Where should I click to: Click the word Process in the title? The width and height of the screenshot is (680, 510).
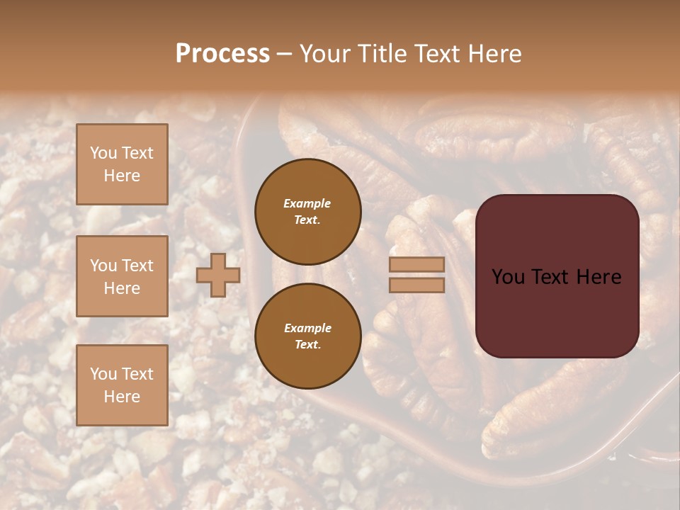[x=222, y=54]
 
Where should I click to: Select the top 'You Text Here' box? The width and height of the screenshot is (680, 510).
[x=122, y=164]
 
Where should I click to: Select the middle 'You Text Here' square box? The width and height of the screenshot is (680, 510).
[x=122, y=276]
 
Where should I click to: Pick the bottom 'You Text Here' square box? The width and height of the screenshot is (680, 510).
[x=122, y=385]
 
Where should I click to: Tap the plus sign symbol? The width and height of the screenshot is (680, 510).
[x=218, y=276]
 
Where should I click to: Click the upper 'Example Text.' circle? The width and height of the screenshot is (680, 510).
[x=307, y=211]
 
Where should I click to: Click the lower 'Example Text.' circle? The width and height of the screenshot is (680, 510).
[x=307, y=336]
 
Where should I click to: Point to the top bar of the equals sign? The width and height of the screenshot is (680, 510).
[x=416, y=265]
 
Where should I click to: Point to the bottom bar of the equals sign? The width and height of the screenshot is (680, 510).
[x=416, y=285]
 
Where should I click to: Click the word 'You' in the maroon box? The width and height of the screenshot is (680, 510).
[x=507, y=277]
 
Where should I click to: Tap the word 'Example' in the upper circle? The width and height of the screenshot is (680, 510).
[x=307, y=203]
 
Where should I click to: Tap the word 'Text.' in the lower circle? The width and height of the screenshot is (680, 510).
[x=307, y=345]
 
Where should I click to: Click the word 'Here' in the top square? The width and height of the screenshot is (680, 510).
[x=122, y=176]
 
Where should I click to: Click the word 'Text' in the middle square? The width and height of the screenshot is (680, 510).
[x=137, y=266]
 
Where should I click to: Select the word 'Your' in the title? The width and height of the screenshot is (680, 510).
[x=322, y=54]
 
